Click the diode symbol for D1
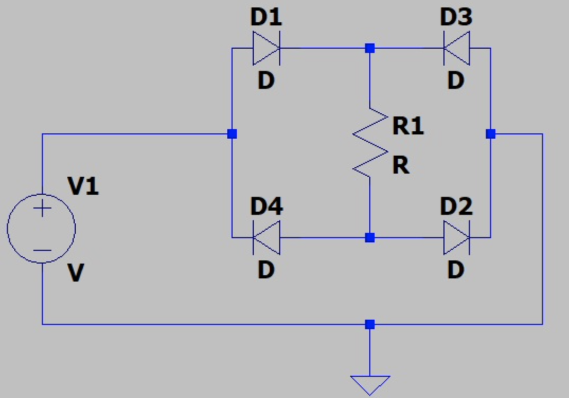click(266, 48)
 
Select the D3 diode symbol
click(456, 48)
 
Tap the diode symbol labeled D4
click(266, 238)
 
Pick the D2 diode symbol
click(456, 238)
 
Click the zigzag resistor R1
click(370, 142)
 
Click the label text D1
click(266, 18)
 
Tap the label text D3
click(456, 18)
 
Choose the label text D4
click(266, 207)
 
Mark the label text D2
click(456, 207)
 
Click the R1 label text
click(408, 126)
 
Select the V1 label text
click(83, 186)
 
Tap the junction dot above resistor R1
click(370, 48)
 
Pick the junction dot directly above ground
click(370, 324)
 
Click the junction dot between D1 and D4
click(232, 134)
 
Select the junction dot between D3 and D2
click(491, 134)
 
